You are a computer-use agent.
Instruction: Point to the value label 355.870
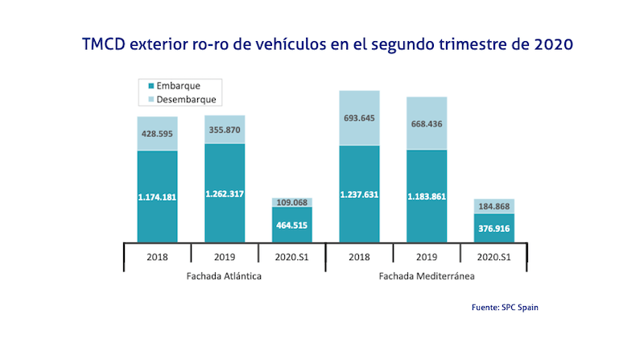tap(225, 130)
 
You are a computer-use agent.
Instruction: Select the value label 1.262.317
tap(225, 193)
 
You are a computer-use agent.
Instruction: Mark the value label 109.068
tap(292, 203)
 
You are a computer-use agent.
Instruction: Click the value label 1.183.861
tap(427, 196)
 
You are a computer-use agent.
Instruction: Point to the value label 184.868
tap(494, 207)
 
